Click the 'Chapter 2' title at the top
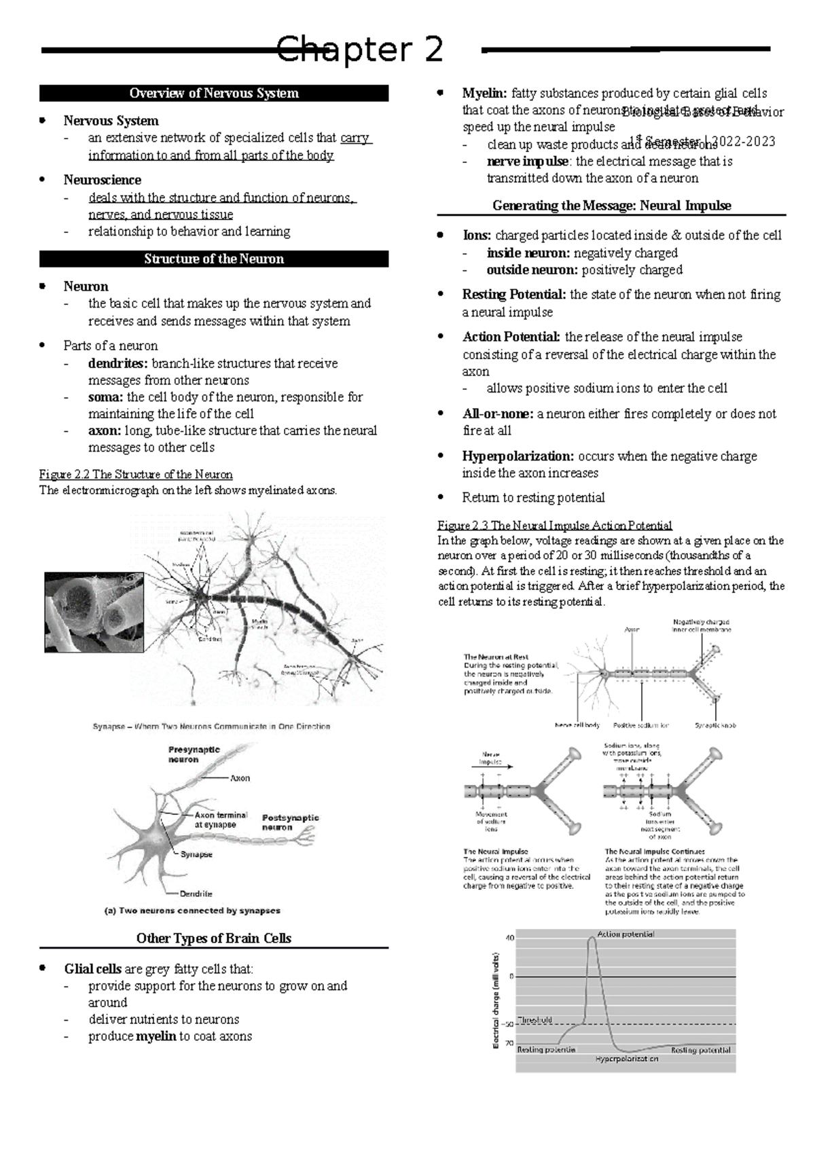click(360, 50)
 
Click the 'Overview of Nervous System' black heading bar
click(214, 93)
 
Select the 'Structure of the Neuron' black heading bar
click(214, 259)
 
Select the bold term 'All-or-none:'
click(498, 414)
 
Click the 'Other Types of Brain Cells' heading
click(214, 938)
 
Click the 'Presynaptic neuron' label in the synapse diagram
click(194, 754)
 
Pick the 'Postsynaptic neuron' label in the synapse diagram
click(290, 822)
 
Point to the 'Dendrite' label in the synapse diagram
click(196, 894)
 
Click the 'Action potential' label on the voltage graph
click(626, 934)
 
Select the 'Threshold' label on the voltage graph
click(535, 1019)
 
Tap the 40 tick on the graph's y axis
click(511, 938)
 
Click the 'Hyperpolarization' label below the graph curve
click(627, 1059)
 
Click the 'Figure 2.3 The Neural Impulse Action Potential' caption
click(555, 526)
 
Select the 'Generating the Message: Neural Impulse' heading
click(611, 205)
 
